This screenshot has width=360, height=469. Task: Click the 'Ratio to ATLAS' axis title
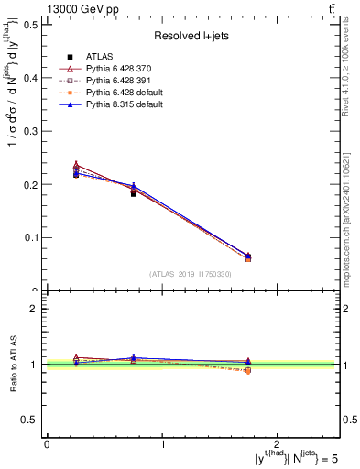point(12,365)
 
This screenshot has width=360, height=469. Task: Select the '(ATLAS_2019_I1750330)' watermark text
point(191,274)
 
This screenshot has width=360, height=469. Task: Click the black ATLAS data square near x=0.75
point(134,193)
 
